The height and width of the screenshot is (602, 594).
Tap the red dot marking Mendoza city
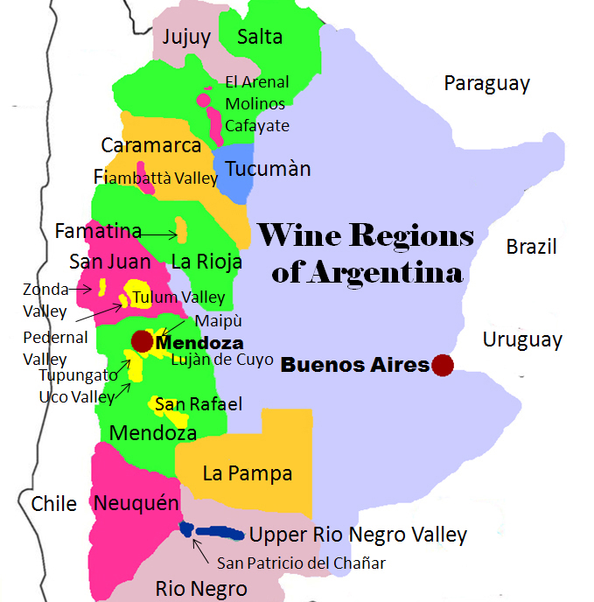pos(141,340)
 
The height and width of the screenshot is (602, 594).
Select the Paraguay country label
pos(486,84)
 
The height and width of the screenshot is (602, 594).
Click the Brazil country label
pos(531,248)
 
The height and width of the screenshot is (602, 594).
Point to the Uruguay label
pos(522,339)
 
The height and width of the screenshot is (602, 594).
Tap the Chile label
pos(54,503)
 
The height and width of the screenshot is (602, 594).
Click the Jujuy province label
pos(186,37)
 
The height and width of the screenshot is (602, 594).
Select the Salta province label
pos(260,36)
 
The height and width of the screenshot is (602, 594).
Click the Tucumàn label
pos(268,168)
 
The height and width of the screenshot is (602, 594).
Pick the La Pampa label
pos(247,473)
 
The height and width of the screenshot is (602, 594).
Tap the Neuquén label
pos(136,503)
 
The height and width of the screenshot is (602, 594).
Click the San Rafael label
pos(199,403)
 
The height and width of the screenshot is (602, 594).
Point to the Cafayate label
pos(256,125)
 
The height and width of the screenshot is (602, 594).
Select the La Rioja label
pos(206,261)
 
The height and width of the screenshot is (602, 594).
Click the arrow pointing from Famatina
pos(159,234)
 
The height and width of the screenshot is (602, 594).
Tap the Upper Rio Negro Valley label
pos(358,535)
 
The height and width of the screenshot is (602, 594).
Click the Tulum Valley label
pos(178,297)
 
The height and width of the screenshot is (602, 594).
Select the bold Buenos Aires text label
pos(354,366)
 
